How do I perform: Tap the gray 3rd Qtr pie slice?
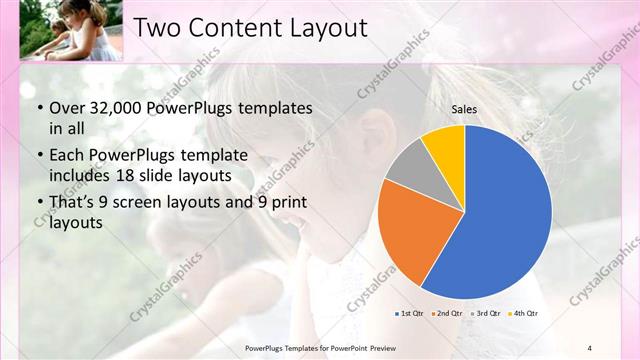[x=408, y=164]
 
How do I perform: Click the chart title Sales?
[x=464, y=108]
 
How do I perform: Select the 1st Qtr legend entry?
[x=411, y=313]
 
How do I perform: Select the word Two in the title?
[x=159, y=27]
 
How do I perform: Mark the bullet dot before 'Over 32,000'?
[x=39, y=107]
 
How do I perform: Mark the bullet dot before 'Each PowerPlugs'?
[x=39, y=155]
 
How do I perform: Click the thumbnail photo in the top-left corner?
[x=62, y=30]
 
